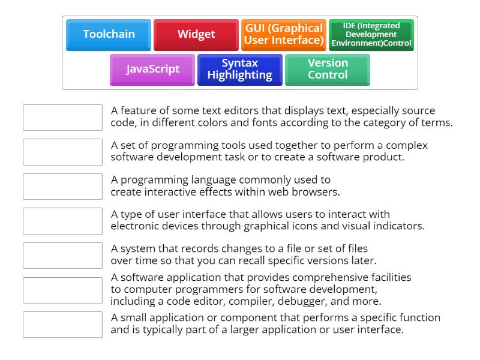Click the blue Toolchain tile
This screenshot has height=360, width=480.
point(109,34)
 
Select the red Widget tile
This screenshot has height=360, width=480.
point(196,34)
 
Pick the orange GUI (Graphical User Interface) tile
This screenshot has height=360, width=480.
point(284,34)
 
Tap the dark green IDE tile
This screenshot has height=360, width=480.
point(371,35)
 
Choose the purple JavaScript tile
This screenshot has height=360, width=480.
point(152,69)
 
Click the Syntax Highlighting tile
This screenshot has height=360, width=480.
point(240,69)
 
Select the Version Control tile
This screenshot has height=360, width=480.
point(328,69)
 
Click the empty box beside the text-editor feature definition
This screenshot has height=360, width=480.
point(62,118)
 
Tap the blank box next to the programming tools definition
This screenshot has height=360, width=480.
point(62,152)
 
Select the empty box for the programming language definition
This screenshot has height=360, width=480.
point(62,187)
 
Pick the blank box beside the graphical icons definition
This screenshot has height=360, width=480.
point(62,221)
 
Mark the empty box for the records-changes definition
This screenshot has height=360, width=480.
point(62,256)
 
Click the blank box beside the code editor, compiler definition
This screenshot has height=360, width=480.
point(62,290)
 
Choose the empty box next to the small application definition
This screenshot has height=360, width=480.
point(62,325)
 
